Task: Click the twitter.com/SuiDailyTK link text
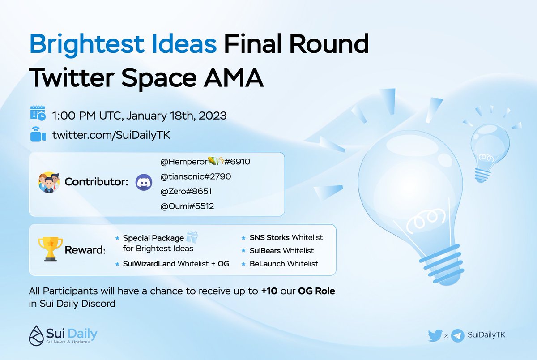coord(111,134)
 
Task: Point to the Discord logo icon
coord(143,183)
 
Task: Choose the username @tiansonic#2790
coord(196,176)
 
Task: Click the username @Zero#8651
coord(186,192)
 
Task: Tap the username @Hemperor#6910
coord(205,161)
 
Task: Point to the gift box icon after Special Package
coord(192,237)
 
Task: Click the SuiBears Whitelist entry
coord(281,250)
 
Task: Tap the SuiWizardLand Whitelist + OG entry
coord(176,264)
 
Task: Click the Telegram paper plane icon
coord(457,335)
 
